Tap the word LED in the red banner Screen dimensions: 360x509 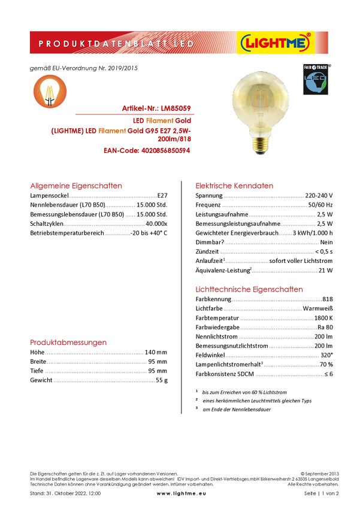(186, 44)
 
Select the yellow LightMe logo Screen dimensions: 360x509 (275, 43)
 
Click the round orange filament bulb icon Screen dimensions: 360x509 (50, 92)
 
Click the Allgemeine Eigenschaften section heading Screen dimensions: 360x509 (76, 186)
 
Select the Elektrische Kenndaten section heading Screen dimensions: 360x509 (235, 186)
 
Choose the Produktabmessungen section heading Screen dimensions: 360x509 (69, 343)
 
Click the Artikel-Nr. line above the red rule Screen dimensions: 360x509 (156, 108)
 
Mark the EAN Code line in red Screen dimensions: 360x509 (147, 151)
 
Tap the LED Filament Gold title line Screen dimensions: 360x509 (162, 120)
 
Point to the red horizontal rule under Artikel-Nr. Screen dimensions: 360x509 (133, 113)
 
